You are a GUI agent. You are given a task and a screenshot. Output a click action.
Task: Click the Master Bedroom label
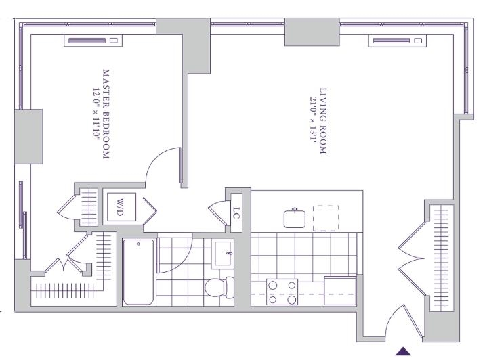point(106,114)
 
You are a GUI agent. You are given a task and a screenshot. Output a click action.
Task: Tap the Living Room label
point(324,122)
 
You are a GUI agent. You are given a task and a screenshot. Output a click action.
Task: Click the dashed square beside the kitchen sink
point(326,218)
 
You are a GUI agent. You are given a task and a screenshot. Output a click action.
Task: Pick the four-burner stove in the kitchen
point(282,291)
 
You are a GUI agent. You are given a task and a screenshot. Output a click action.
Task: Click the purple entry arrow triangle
point(403,351)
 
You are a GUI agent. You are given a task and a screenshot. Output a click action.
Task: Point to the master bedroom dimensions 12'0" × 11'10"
point(96,114)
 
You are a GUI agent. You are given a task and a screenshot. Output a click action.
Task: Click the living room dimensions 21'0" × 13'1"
point(313,122)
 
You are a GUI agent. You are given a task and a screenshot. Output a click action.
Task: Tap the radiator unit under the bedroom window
point(94,41)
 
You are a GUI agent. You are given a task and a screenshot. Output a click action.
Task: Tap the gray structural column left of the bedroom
point(28,135)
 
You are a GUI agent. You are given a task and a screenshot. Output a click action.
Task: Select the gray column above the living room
point(312,31)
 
